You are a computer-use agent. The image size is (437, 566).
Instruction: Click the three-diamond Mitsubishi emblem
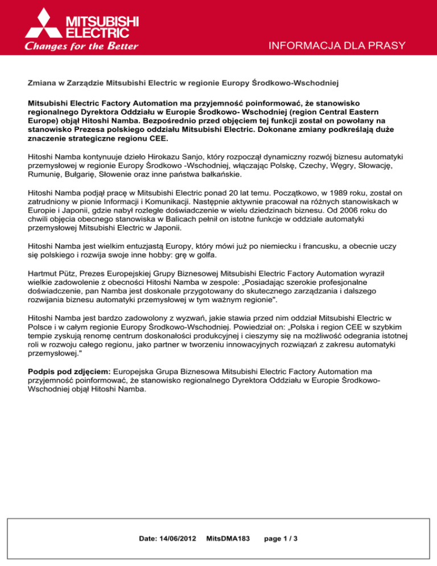[x=43, y=24]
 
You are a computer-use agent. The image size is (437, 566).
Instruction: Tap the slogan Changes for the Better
[x=81, y=46]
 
